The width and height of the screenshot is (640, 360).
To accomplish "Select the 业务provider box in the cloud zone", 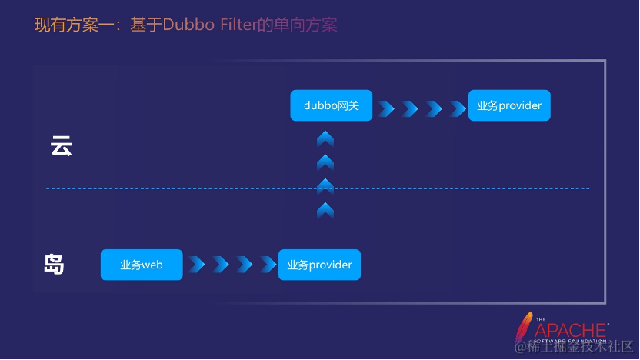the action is [510, 105].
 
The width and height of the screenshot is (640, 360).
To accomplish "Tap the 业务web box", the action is [142, 265].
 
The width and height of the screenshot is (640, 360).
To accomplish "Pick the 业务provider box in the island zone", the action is [319, 265].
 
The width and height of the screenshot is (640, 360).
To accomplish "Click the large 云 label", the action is [61, 146].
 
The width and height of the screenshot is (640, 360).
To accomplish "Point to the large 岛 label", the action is [54, 265].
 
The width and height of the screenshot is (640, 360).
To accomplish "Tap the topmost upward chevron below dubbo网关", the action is [325, 138].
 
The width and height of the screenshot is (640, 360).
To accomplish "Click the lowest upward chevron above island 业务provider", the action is [325, 209].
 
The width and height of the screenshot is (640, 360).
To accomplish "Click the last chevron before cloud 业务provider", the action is [457, 108].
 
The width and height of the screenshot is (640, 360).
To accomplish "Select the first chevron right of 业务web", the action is [197, 265].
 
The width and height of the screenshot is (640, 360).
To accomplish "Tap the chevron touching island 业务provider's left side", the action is [268, 265].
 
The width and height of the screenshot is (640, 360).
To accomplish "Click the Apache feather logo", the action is [525, 326].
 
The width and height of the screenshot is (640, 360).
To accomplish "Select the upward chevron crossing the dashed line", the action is [325, 185].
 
